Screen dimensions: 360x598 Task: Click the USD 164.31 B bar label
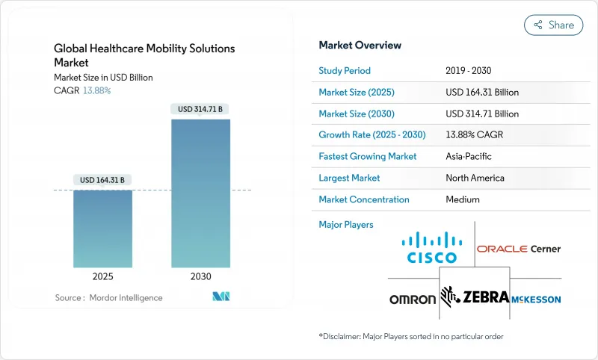click(102, 180)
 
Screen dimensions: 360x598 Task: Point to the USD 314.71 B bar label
click(200, 109)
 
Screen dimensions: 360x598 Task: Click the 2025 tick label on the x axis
click(102, 276)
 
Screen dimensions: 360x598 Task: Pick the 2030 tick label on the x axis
click(200, 276)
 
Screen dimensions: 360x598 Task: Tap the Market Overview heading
click(360, 46)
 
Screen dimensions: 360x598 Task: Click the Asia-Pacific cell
click(469, 157)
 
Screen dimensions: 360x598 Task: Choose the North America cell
click(475, 179)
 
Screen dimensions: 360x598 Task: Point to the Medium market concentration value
click(462, 199)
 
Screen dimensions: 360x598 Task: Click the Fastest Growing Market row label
click(368, 157)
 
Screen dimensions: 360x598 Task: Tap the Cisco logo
click(432, 248)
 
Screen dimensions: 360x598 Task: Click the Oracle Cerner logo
click(518, 249)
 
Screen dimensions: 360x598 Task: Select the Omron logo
click(412, 300)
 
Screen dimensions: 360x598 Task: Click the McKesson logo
click(536, 300)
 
